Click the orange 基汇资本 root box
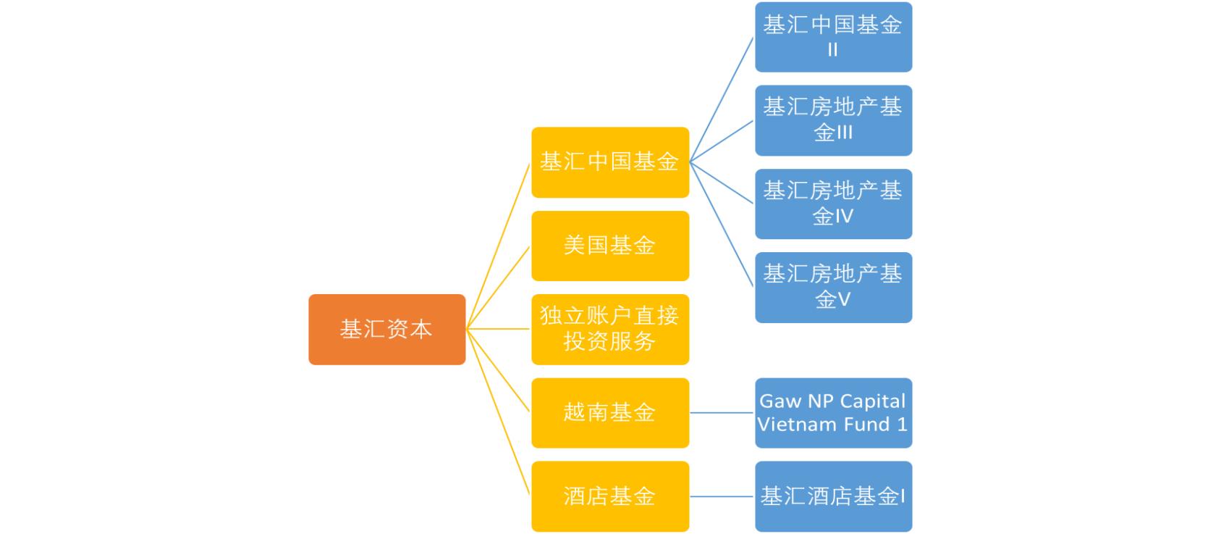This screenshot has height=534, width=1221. (x=386, y=329)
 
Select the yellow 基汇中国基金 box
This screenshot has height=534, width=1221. (x=609, y=162)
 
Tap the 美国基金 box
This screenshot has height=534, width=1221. (x=609, y=246)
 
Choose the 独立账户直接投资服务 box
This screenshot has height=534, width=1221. (x=609, y=329)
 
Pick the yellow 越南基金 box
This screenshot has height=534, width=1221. (x=609, y=412)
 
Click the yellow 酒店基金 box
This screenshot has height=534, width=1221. (x=609, y=496)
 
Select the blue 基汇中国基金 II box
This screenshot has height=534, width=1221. (x=833, y=37)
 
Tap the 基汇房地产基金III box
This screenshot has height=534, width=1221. (x=833, y=120)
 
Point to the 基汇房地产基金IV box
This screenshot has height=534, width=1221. (x=833, y=204)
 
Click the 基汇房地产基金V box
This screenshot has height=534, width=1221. (x=833, y=287)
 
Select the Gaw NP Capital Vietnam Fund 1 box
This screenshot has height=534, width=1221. (x=833, y=412)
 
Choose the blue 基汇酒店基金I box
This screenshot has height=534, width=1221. (x=833, y=496)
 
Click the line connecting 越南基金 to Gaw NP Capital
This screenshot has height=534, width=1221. (x=722, y=413)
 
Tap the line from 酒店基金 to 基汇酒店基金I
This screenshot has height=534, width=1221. (x=722, y=496)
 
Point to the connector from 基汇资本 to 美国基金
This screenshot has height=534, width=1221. (x=498, y=288)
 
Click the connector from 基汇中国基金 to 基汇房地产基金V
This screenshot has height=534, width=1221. (x=722, y=225)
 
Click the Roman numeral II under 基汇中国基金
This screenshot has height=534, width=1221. (x=832, y=50)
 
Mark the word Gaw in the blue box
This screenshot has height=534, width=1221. (x=780, y=401)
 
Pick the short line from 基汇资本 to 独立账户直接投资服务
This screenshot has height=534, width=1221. (x=498, y=329)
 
